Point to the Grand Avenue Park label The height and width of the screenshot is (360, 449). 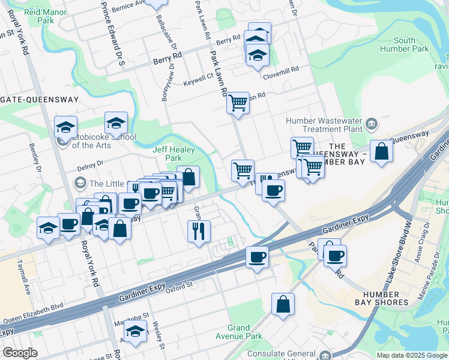[x=238, y=332]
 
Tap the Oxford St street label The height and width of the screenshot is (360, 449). [x=178, y=286]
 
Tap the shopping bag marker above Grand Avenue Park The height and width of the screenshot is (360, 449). [x=283, y=304]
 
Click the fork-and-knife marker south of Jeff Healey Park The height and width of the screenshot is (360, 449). [x=199, y=230]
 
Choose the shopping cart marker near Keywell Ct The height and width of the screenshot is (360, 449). [x=238, y=103]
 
